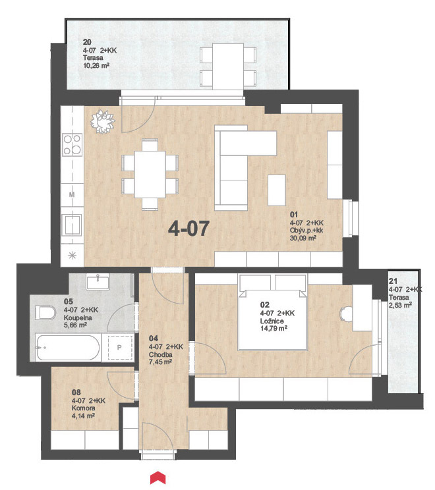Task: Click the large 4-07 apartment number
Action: click(x=188, y=229)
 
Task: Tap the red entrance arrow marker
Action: click(x=158, y=478)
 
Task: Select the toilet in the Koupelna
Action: click(x=45, y=312)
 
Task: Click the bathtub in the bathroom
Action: click(x=67, y=348)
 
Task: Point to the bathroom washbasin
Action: click(x=98, y=281)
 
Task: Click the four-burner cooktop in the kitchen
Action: click(x=72, y=144)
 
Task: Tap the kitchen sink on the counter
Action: click(x=72, y=225)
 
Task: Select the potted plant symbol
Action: click(x=103, y=122)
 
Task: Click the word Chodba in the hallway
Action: click(x=161, y=355)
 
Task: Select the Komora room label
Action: click(x=84, y=408)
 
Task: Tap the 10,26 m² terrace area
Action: click(x=96, y=66)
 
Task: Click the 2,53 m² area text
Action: click(x=400, y=305)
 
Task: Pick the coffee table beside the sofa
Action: click(x=277, y=190)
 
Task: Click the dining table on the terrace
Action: click(x=228, y=67)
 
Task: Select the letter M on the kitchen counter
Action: click(x=72, y=195)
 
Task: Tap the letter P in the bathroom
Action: click(x=119, y=348)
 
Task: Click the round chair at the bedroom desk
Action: click(x=346, y=313)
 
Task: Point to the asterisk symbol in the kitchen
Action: click(x=72, y=256)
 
